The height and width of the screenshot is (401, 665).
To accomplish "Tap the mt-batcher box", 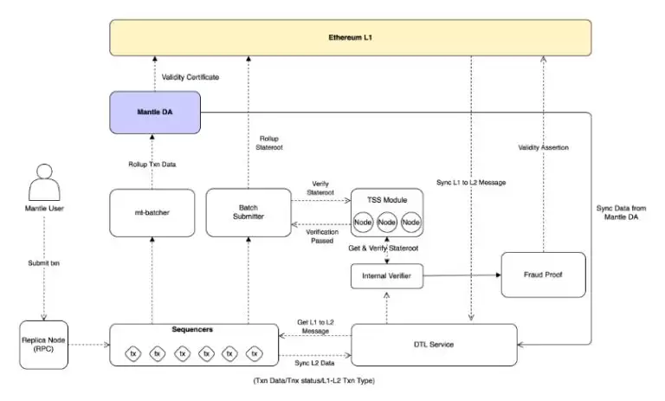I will coord(152,211).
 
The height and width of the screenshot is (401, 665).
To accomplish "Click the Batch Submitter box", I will coord(247,211).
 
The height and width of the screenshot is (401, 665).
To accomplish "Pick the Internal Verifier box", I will coord(385,277).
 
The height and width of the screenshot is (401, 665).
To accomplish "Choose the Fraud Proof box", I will coord(543,275).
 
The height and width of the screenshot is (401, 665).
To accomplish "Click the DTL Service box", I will coord(435,345).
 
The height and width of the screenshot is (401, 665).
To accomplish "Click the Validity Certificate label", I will coord(190,77).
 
